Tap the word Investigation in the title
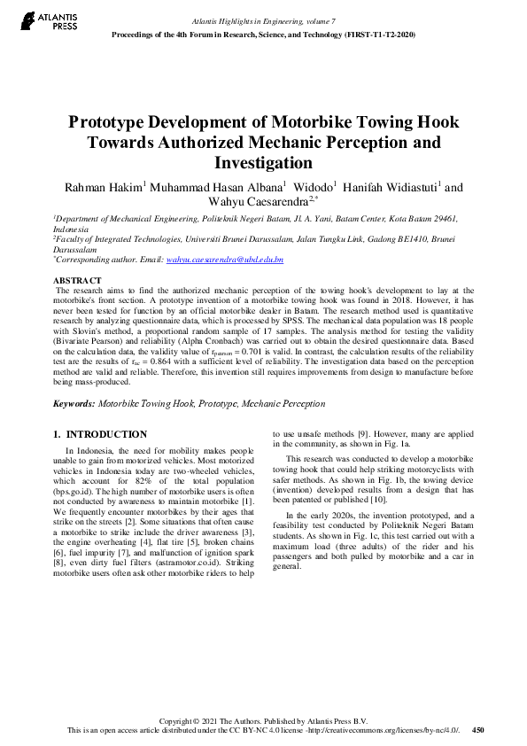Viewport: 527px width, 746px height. click(x=263, y=163)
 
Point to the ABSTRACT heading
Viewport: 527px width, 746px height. click(x=77, y=280)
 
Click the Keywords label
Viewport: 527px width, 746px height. click(x=74, y=403)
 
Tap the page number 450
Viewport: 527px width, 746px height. click(x=478, y=730)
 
